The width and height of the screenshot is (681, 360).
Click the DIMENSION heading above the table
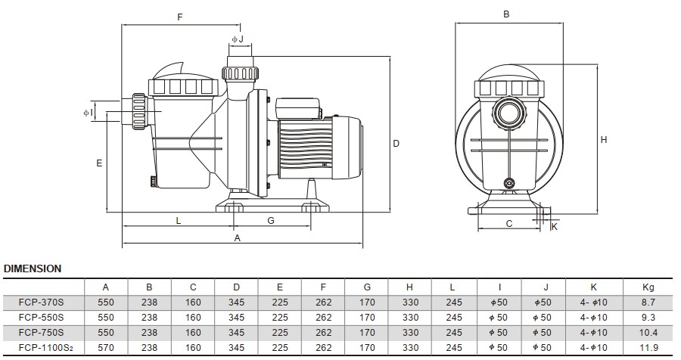(33, 268)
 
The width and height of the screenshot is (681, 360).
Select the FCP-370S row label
(41, 303)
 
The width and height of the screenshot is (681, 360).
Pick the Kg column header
(648, 287)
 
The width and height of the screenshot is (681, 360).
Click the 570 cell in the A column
(106, 347)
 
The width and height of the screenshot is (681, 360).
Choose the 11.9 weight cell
(648, 347)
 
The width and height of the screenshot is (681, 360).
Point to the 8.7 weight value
(648, 303)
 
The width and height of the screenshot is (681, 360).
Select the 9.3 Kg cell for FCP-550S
(648, 318)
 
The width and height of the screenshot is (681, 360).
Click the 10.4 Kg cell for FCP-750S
(648, 333)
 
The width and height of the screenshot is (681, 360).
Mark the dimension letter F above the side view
(179, 17)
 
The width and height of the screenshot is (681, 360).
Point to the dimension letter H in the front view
(604, 139)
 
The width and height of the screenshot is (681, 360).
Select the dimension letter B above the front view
(507, 14)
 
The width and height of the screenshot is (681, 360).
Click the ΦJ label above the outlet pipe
(237, 39)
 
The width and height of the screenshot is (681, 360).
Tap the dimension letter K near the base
(554, 225)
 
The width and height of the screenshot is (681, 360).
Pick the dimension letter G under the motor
(271, 220)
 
